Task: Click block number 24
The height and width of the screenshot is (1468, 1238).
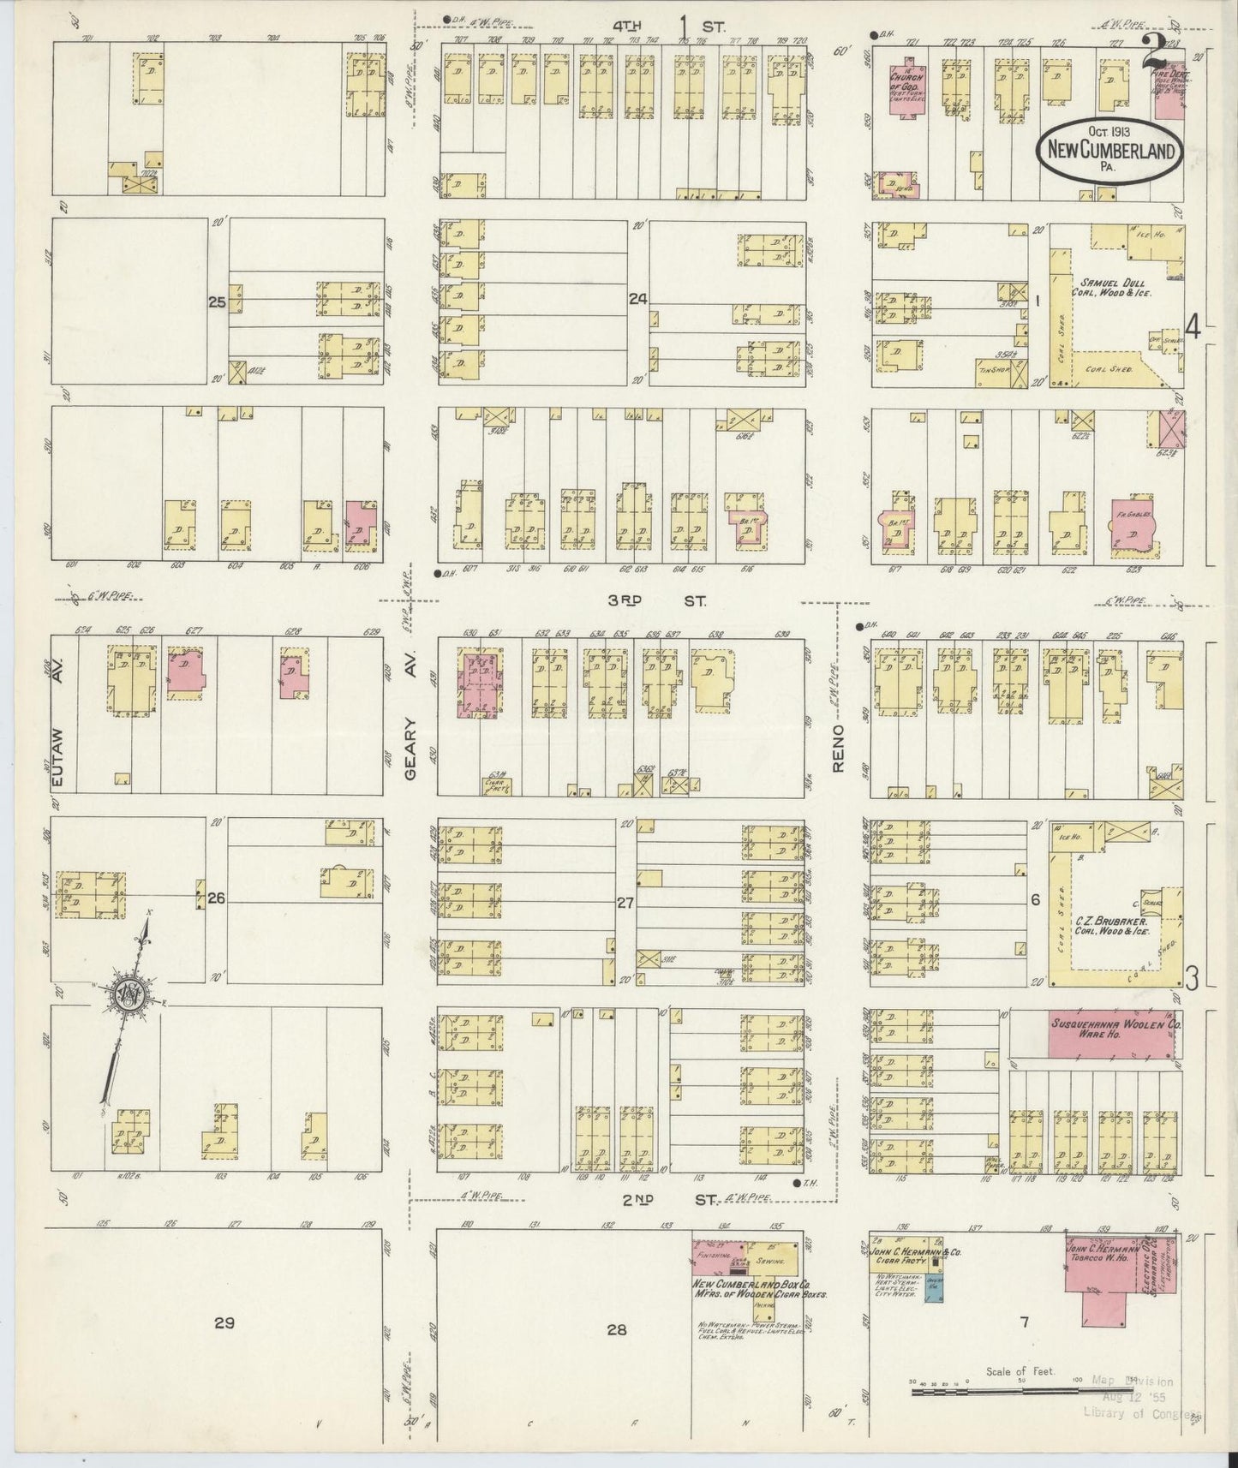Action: (x=637, y=299)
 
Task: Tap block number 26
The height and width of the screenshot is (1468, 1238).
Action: (x=216, y=898)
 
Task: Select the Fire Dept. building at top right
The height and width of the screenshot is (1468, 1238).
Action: (x=1169, y=90)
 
